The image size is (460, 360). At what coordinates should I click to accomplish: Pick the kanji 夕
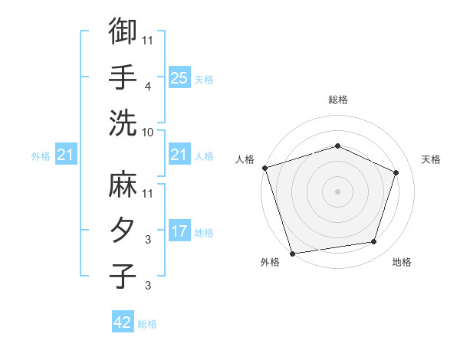pyautogui.click(x=123, y=231)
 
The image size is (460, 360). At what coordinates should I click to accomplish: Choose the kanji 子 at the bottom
pyautogui.click(x=123, y=277)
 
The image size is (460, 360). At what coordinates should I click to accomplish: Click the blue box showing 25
pyautogui.click(x=179, y=78)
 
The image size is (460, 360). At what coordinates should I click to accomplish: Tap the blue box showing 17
pyautogui.click(x=179, y=231)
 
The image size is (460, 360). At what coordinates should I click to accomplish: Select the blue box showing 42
pyautogui.click(x=123, y=322)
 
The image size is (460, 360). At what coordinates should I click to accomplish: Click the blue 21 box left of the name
pyautogui.click(x=65, y=155)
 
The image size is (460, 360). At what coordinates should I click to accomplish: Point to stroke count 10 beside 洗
pyautogui.click(x=148, y=132)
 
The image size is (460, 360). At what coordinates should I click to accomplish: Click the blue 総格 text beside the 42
pyautogui.click(x=147, y=324)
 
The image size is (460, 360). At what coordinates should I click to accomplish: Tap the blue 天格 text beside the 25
pyautogui.click(x=204, y=80)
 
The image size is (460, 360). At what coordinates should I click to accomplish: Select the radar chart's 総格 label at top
pyautogui.click(x=337, y=100)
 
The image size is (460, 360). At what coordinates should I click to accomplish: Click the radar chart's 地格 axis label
pyautogui.click(x=402, y=263)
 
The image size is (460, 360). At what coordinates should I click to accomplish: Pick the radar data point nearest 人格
pyautogui.click(x=264, y=168)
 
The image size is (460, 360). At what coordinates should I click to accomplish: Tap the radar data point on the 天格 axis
pyautogui.click(x=396, y=172)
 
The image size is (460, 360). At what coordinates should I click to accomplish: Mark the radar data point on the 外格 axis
pyautogui.click(x=293, y=253)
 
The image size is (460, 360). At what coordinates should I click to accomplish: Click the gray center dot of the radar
pyautogui.click(x=337, y=191)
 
